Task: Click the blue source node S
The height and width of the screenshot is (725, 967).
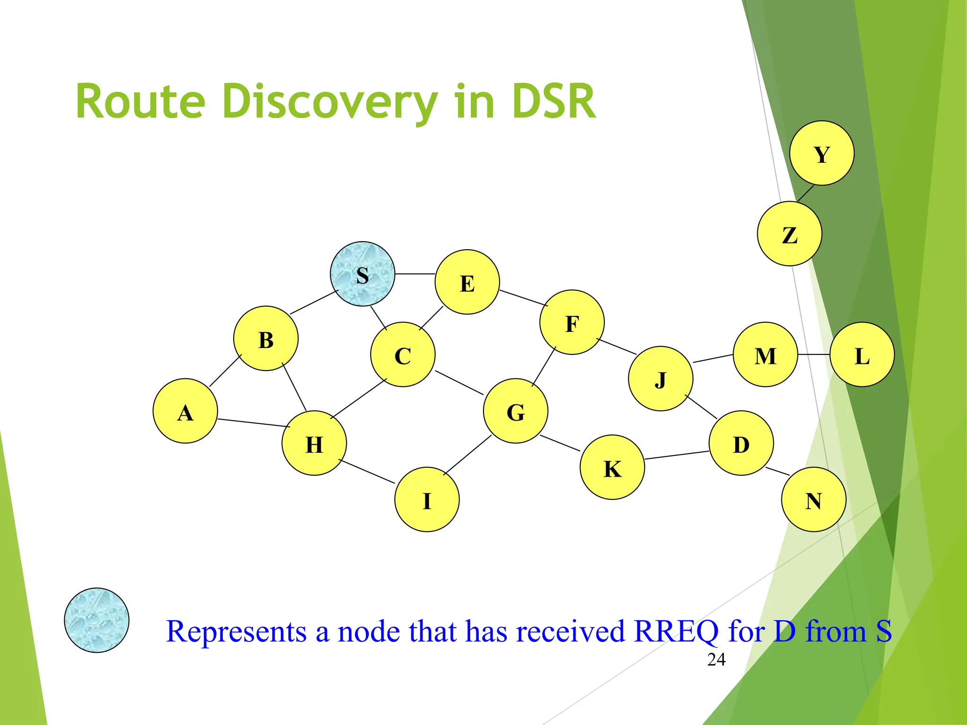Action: click(362, 274)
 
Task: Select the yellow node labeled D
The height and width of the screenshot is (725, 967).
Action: click(741, 443)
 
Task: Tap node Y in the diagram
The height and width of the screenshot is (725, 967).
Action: click(822, 153)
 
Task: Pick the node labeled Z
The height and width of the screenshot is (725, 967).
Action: click(789, 234)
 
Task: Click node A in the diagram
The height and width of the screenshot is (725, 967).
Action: click(185, 411)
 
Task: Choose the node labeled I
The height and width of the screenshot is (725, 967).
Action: click(427, 499)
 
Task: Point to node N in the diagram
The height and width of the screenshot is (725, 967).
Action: click(814, 499)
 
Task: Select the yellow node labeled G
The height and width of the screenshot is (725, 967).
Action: click(516, 411)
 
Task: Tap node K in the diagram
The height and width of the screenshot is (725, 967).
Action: click(612, 467)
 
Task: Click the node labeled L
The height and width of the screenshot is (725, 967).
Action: click(862, 354)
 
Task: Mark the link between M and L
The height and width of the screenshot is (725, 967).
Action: click(814, 354)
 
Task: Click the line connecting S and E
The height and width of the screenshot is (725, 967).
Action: click(415, 274)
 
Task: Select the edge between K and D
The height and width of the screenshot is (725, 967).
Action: click(677, 455)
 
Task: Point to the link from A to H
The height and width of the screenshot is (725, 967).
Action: click(253, 423)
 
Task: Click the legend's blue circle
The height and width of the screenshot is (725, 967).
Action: click(97, 620)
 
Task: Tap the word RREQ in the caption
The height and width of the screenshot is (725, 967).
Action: click(676, 632)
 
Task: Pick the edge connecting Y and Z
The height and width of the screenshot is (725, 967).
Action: click(806, 194)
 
